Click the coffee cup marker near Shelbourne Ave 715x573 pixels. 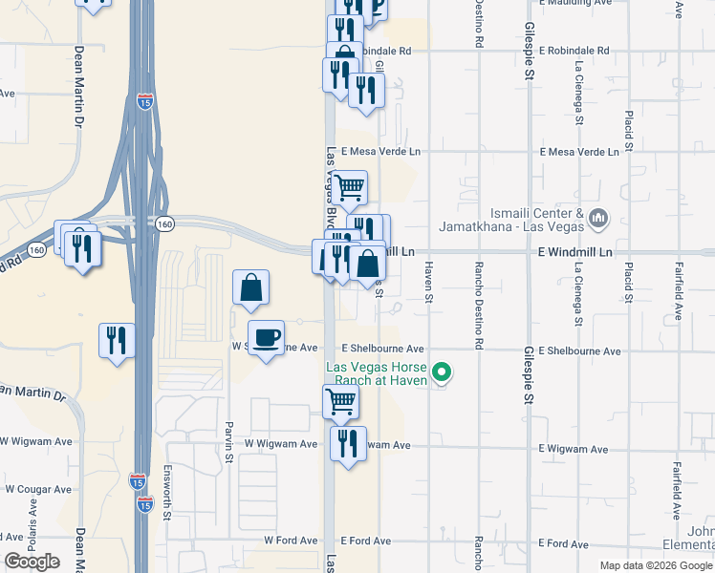[x=266, y=336]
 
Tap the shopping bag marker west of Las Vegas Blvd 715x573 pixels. [x=250, y=286]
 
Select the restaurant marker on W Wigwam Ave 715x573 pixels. [x=348, y=443]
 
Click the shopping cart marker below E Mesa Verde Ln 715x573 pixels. [x=350, y=188]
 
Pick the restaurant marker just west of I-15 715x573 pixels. [x=117, y=340]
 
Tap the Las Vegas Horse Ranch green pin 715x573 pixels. [x=441, y=372]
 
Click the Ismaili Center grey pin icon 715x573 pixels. [x=598, y=219]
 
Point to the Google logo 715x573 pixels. [x=32, y=562]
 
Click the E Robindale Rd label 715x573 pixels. [x=574, y=51]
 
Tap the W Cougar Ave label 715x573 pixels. [x=37, y=489]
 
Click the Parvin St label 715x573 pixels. [x=229, y=441]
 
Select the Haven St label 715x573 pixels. [x=429, y=284]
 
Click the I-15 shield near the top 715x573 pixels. [x=143, y=102]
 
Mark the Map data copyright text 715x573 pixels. [x=655, y=565]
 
